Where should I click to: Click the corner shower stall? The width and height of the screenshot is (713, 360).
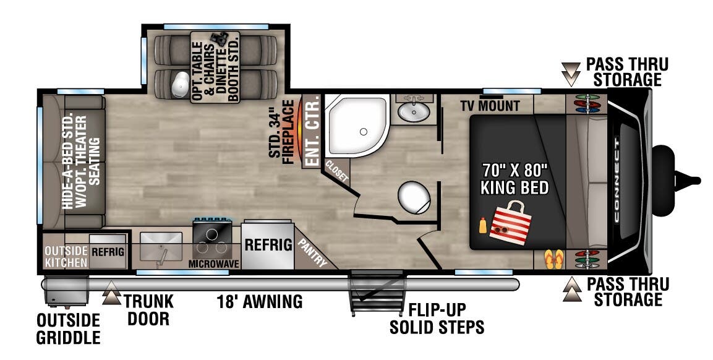357,126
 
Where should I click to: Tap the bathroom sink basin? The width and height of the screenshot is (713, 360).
413,111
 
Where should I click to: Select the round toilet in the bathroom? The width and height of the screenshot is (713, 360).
414,197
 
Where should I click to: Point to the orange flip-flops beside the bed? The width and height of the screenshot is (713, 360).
554,259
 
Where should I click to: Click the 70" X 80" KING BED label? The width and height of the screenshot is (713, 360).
514,179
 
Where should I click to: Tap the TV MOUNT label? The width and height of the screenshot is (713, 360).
490,106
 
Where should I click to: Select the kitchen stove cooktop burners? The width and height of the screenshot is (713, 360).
212,239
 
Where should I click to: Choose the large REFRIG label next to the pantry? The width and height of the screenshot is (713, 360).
268,244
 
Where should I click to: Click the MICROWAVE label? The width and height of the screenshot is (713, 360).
214,264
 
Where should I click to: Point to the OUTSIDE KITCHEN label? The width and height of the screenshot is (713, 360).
66,257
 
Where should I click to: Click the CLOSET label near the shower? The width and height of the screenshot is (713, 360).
337,171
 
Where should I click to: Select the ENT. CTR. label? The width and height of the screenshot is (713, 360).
312,132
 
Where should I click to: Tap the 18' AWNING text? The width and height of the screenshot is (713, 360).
260,301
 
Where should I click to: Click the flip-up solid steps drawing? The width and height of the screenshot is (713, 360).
377,293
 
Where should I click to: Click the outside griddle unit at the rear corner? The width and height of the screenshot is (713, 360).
66,292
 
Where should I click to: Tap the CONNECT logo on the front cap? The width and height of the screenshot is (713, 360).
617,180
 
